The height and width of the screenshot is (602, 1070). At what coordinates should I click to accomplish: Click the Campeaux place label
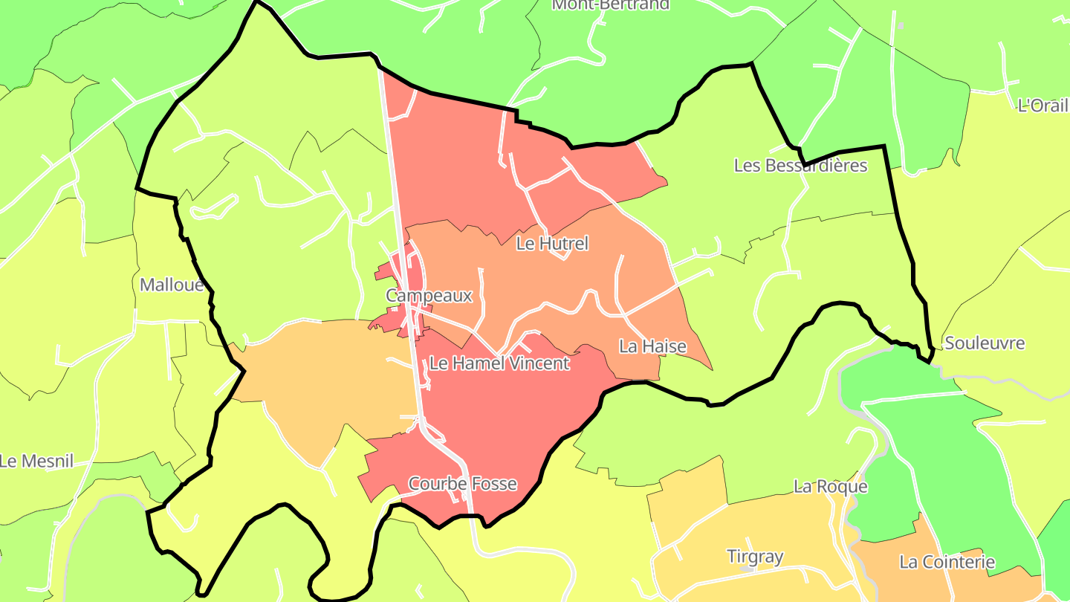429,296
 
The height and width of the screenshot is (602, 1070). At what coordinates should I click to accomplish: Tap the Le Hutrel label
551,244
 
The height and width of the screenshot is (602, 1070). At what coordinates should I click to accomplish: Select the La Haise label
652,346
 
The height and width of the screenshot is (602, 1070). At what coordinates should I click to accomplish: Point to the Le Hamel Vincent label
499,363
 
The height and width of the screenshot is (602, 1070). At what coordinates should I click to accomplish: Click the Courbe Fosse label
462,484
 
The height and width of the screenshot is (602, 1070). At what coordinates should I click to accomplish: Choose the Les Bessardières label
800,166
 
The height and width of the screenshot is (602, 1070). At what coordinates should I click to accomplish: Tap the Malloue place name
172,285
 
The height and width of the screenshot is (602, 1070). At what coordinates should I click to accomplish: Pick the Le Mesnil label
37,462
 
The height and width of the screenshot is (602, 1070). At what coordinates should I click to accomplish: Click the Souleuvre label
984,343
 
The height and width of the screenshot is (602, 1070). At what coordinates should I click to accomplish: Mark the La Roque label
830,488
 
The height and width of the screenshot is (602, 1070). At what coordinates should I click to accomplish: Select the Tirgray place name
754,557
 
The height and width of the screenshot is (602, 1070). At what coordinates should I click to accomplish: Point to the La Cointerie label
946,562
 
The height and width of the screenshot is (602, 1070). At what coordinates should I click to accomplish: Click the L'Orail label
1042,106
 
